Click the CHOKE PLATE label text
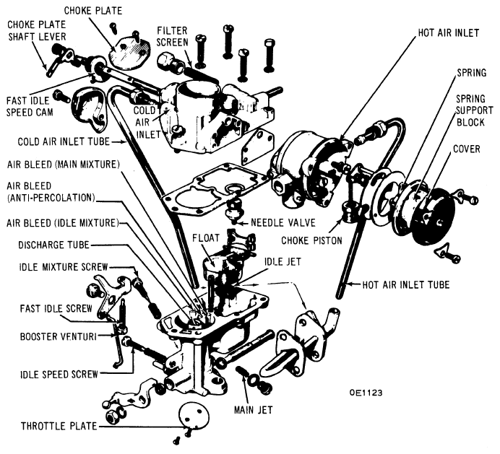pyautogui.click(x=93, y=11)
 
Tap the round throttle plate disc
pyautogui.click(x=194, y=416)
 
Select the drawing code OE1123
pyautogui.click(x=366, y=393)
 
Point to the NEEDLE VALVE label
pyautogui.click(x=283, y=222)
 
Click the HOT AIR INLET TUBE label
pyautogui.click(x=406, y=284)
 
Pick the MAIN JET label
pyautogui.click(x=254, y=410)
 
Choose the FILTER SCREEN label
pyautogui.click(x=173, y=36)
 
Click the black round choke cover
pyautogui.click(x=434, y=215)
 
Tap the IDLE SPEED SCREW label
pyautogui.click(x=59, y=374)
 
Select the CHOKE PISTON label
pyautogui.click(x=311, y=240)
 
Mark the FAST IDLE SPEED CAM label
pyautogui.click(x=30, y=106)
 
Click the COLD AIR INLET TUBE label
pyautogui.click(x=64, y=141)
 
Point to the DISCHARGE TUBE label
pyautogui.click(x=53, y=245)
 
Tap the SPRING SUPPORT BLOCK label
pyautogui.click(x=474, y=110)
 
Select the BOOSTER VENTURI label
pyautogui.click(x=59, y=336)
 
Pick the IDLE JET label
pyautogui.click(x=283, y=261)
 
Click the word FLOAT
pyautogui.click(x=206, y=238)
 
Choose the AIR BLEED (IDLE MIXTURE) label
pyautogui.click(x=62, y=223)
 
